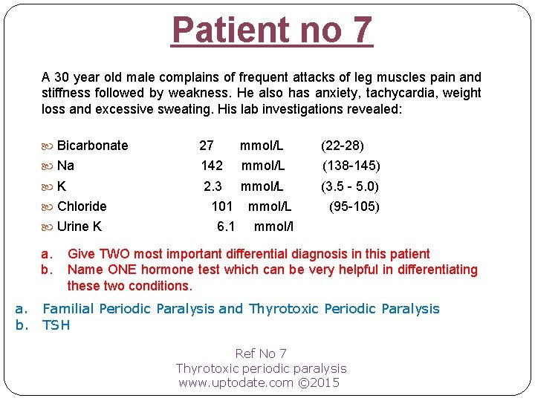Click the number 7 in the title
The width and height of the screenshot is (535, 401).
point(359,30)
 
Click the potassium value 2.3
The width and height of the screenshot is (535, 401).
point(213,186)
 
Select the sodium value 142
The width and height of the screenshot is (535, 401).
point(212,166)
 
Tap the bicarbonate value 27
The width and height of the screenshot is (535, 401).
point(207,145)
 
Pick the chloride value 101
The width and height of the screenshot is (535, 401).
point(222,206)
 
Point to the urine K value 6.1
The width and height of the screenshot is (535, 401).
point(226,226)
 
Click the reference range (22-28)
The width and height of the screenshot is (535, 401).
point(342,145)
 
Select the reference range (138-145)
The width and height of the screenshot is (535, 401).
point(351,166)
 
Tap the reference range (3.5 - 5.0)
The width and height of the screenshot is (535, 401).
point(349,186)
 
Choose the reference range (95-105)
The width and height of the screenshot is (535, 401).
point(354,206)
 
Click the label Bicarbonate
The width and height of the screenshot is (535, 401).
point(92,145)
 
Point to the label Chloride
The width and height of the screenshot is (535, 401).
point(82,206)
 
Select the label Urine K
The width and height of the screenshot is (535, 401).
point(80,226)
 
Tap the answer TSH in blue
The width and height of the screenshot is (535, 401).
point(56,325)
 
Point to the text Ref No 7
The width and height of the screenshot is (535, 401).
point(261,353)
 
